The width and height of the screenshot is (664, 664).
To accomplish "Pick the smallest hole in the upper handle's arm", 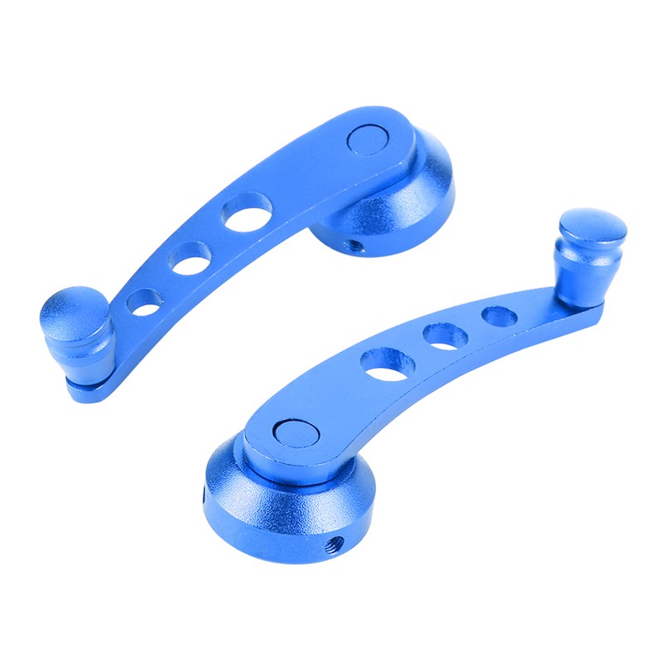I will coord(144,302).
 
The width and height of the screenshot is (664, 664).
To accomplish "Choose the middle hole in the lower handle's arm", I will coord(445,336).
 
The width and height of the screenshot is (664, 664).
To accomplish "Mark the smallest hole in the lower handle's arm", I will coord(499,315).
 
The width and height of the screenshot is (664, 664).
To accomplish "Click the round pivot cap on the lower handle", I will coord(294,432).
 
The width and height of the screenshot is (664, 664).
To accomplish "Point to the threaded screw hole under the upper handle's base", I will coord(354,246).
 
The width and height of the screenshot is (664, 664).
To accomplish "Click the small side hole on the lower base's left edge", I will coord(207,496).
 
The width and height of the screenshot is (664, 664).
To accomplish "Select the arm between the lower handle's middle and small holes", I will coord(472,326).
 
